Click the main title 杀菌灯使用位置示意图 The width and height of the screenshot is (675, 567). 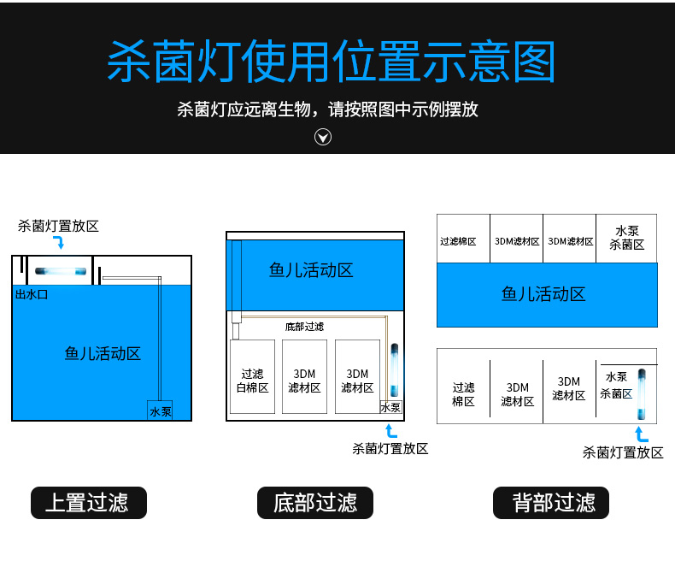tap(332, 62)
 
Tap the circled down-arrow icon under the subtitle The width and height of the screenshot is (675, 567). tap(323, 137)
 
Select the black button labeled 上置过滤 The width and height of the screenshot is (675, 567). tap(89, 503)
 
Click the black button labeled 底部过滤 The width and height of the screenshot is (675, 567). tap(315, 503)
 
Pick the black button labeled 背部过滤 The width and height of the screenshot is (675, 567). tap(552, 503)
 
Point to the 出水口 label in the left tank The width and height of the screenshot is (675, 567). tap(31, 294)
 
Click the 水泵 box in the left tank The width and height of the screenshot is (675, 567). tap(160, 411)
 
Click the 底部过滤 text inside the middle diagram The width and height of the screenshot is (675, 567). tap(304, 327)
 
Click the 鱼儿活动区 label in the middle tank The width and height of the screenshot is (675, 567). tap(311, 271)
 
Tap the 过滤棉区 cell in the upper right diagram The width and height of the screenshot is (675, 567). tap(458, 241)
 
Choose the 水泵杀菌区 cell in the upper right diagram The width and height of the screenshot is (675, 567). tap(627, 238)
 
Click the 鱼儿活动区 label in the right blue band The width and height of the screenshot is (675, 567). tap(543, 294)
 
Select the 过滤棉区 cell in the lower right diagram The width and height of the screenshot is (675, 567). tap(463, 393)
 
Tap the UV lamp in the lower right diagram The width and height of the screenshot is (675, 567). tap(640, 392)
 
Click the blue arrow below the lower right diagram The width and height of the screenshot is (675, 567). tap(641, 435)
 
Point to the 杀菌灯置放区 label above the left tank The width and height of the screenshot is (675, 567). tap(59, 226)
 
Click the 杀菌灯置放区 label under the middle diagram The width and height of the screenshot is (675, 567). tap(390, 448)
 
